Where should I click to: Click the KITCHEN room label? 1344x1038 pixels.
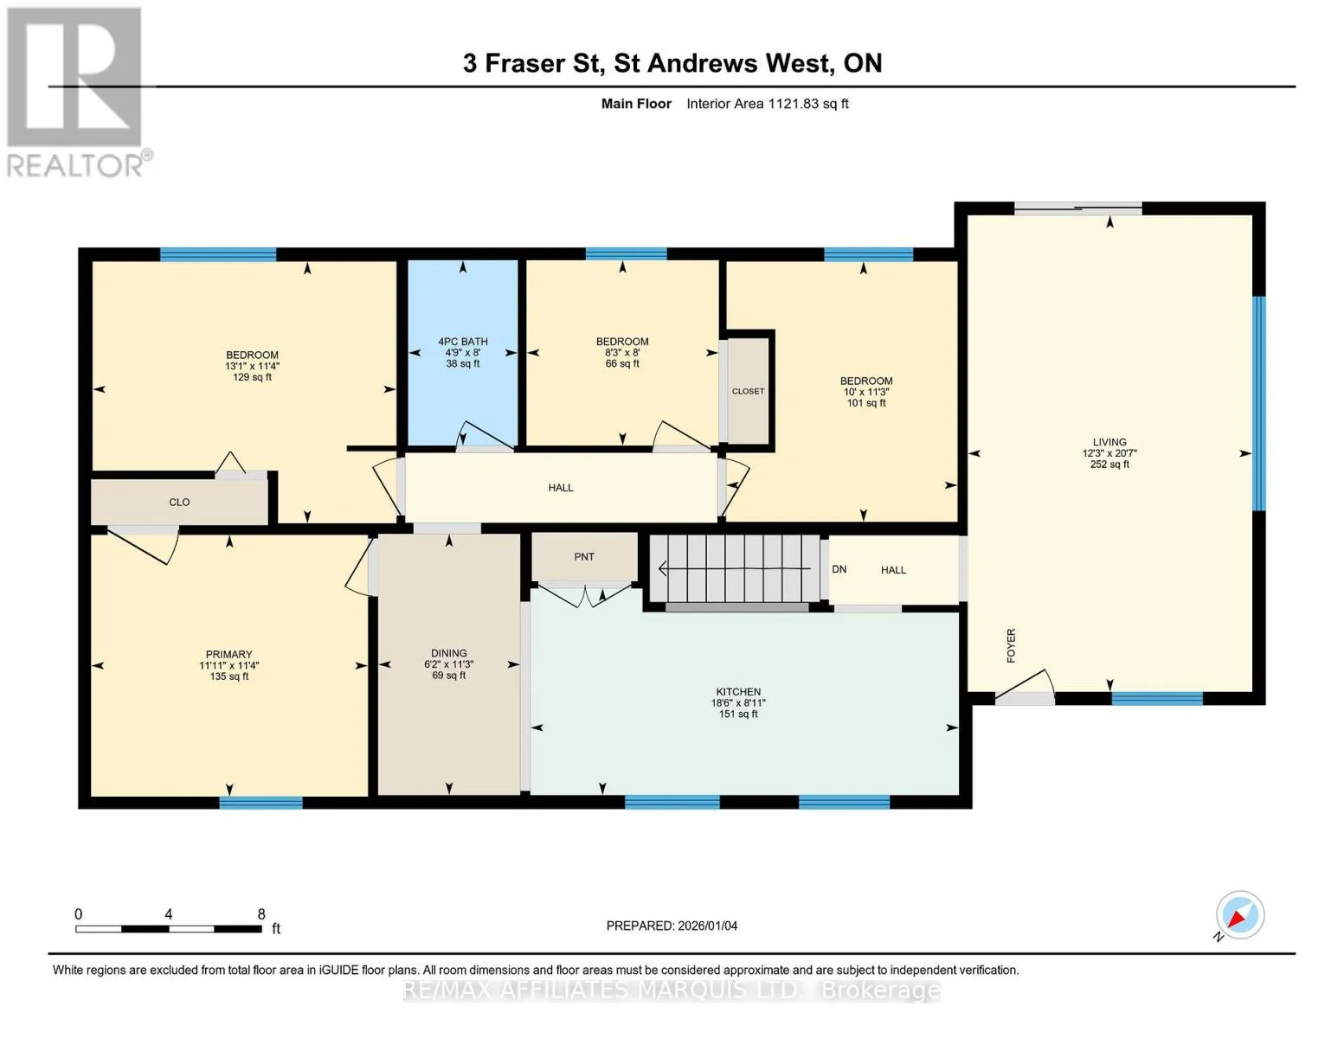pos(738,692)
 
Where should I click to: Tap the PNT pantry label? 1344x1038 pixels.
pos(584,557)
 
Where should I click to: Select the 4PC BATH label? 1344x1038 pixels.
pos(463,342)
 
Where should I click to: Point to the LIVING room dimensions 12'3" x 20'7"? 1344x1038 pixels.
pos(1109,453)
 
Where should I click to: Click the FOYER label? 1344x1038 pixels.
pos(1011,645)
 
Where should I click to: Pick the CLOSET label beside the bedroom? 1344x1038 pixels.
pos(748,391)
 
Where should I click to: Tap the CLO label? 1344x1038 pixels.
pos(179,502)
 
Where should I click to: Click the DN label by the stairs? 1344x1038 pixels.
pos(839,569)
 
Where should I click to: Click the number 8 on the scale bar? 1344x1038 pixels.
pos(261,913)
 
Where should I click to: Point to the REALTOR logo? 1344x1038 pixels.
pos(75,93)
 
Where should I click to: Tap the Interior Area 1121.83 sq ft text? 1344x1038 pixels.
pos(767,104)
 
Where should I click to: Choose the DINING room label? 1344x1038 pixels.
pos(448,653)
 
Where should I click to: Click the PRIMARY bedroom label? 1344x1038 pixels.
pos(228,655)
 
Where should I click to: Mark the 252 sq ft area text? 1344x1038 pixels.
pos(1109,465)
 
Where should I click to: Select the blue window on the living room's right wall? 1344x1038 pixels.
pos(1258,404)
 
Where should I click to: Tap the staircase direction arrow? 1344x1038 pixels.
pos(734,568)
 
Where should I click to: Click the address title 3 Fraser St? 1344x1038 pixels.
pos(533,64)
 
